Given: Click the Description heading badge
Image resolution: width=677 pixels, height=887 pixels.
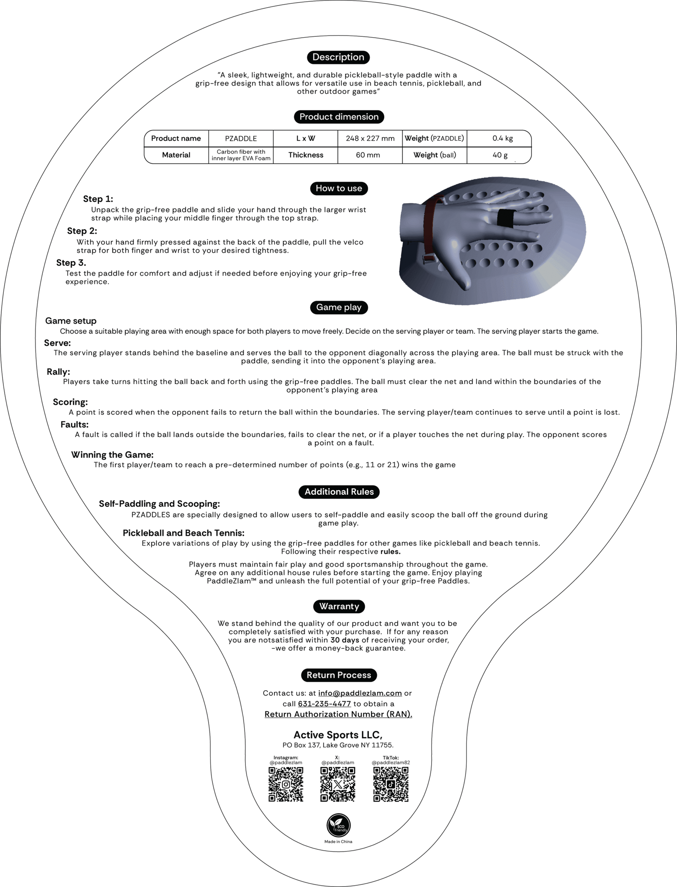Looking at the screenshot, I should pyautogui.click(x=338, y=57).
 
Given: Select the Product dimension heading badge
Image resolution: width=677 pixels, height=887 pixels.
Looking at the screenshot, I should pyautogui.click(x=339, y=117).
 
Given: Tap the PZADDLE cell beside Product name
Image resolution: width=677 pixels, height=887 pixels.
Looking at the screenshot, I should pyautogui.click(x=241, y=138).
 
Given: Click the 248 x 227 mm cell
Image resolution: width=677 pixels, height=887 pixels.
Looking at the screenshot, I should pyautogui.click(x=370, y=138).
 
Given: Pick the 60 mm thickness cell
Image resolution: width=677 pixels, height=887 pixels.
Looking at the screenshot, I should pyautogui.click(x=368, y=155).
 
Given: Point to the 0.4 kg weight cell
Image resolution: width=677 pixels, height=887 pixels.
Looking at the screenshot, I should pyautogui.click(x=502, y=138).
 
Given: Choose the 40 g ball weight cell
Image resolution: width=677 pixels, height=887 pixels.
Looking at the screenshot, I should pyautogui.click(x=500, y=155).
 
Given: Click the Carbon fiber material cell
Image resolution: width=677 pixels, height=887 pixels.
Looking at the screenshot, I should pyautogui.click(x=241, y=155).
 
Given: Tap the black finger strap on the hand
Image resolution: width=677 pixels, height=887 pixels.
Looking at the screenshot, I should pyautogui.click(x=506, y=218).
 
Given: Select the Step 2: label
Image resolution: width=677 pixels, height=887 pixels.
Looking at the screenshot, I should pyautogui.click(x=82, y=231).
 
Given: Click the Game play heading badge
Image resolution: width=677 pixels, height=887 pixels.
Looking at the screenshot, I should pyautogui.click(x=338, y=307).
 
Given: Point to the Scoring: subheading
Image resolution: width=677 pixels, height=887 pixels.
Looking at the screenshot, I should pyautogui.click(x=70, y=402).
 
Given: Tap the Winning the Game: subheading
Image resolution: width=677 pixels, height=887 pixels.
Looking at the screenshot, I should pyautogui.click(x=112, y=455).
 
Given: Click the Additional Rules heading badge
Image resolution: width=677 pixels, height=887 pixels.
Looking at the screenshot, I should pyautogui.click(x=339, y=492).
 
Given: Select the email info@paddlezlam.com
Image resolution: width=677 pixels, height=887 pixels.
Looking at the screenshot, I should pyautogui.click(x=360, y=693).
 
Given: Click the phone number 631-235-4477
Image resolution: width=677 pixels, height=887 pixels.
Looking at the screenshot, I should pyautogui.click(x=325, y=704).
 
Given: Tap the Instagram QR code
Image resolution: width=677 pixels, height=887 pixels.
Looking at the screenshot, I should pyautogui.click(x=286, y=784).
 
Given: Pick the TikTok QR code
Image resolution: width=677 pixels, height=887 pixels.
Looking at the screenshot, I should pyautogui.click(x=391, y=784).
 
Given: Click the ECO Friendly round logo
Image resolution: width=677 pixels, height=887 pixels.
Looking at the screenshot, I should pyautogui.click(x=338, y=826).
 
